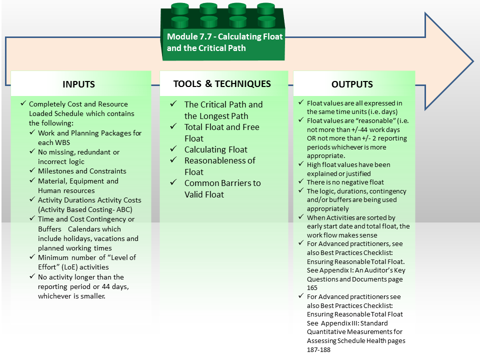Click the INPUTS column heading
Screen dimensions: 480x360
pos(78,84)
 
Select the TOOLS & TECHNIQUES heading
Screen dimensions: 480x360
pos(222,84)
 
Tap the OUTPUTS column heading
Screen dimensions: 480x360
pos(352,84)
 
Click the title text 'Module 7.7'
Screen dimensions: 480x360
pos(189,36)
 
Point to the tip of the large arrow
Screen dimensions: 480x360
pos(473,61)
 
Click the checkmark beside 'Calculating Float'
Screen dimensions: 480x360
pos(173,149)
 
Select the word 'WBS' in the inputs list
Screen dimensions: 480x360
pos(62,142)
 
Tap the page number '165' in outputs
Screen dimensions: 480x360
pos(312,288)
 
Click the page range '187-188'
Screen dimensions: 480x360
pos(318,349)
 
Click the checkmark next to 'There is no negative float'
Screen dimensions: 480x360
pos(301,181)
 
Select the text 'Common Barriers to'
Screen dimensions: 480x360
pos(222,183)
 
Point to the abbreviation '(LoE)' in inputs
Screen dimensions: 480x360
pos(69,267)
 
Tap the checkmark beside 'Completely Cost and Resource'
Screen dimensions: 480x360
pos(23,103)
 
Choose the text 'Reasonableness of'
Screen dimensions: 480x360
pos(220,160)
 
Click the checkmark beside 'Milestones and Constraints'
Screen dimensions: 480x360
pos(32,170)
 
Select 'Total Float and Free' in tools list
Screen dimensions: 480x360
pos(221,127)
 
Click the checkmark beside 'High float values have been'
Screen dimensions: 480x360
pos(301,164)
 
